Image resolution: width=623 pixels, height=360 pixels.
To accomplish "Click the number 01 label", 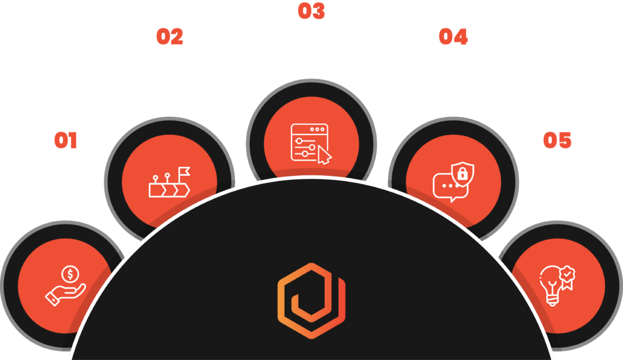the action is pyautogui.click(x=66, y=140).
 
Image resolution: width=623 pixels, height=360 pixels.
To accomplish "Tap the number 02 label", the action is pyautogui.click(x=170, y=36).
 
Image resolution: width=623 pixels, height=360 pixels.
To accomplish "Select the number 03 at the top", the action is pyautogui.click(x=311, y=11).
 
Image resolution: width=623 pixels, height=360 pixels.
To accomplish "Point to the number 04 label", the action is pyautogui.click(x=453, y=36).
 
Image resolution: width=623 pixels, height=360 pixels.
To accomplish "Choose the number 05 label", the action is pyautogui.click(x=557, y=140).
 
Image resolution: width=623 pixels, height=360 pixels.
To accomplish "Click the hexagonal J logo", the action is pyautogui.click(x=311, y=301).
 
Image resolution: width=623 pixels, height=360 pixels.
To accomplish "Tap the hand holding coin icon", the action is pyautogui.click(x=66, y=286).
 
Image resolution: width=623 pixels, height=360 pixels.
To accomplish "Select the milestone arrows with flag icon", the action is pyautogui.click(x=169, y=182).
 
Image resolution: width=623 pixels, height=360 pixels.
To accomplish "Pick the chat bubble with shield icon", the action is pyautogui.click(x=453, y=182).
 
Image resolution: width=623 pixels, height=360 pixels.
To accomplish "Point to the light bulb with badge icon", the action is pyautogui.click(x=557, y=286).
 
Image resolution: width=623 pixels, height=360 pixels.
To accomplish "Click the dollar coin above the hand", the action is pyautogui.click(x=71, y=274).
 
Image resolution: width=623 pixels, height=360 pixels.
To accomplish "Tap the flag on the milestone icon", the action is pyautogui.click(x=184, y=171).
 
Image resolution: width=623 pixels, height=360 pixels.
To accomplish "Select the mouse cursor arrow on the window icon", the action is pyautogui.click(x=324, y=154).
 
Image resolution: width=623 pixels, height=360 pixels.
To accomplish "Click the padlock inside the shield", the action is pyautogui.click(x=462, y=174).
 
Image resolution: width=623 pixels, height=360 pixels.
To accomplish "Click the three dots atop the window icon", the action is pyautogui.click(x=317, y=129).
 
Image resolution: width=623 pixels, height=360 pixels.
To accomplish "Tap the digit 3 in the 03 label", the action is pyautogui.click(x=318, y=11).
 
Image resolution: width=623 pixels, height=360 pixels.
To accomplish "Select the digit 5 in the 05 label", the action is pyautogui.click(x=565, y=140).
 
